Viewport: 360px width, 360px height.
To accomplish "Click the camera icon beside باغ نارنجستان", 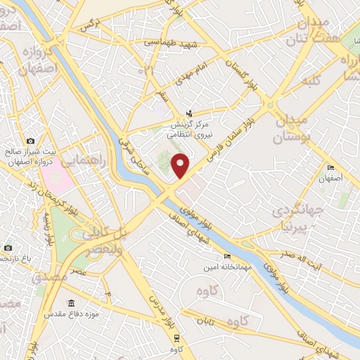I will (x=8, y=247).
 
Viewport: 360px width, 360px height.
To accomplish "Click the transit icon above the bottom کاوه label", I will (x=173, y=337).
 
